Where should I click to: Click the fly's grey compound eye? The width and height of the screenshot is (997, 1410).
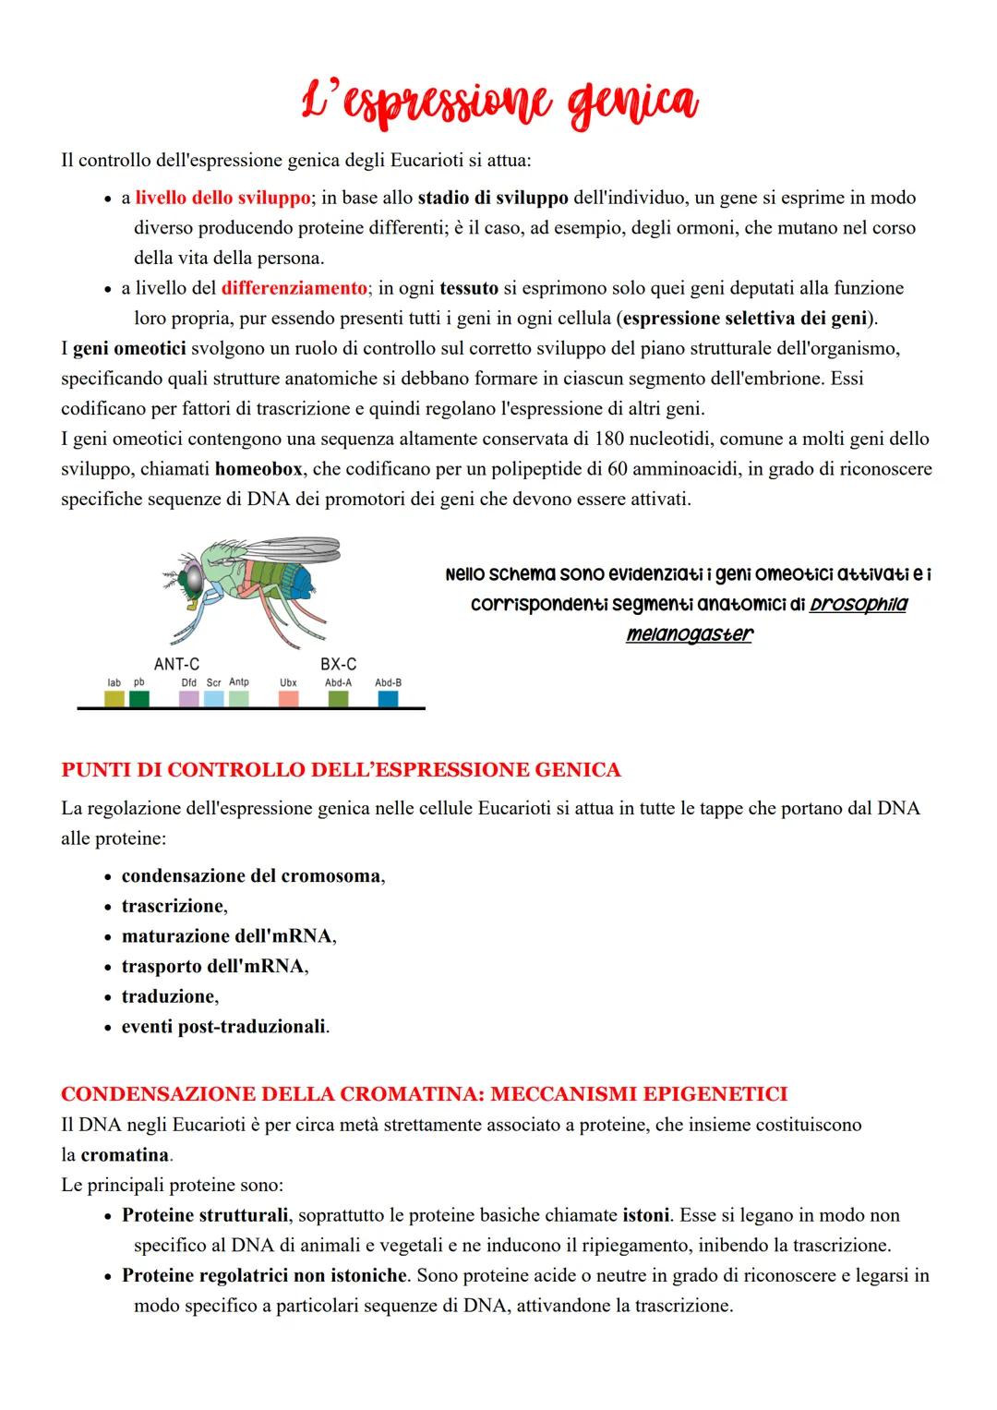click(x=193, y=579)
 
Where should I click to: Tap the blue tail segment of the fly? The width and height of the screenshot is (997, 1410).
click(x=304, y=581)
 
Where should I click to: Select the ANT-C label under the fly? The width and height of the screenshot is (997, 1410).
click(x=176, y=664)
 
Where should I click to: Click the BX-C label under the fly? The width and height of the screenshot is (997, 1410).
click(x=338, y=664)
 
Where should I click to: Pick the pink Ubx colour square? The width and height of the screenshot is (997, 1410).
click(x=288, y=699)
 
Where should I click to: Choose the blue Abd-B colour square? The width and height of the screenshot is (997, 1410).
click(x=388, y=699)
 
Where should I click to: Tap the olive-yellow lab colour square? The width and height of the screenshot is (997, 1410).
click(x=114, y=699)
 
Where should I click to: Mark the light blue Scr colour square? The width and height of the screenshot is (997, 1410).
click(x=213, y=699)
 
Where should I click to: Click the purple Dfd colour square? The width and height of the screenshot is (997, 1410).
click(x=188, y=699)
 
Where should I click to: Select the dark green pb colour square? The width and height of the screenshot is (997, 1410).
click(x=139, y=699)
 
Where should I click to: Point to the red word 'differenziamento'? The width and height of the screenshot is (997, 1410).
click(x=294, y=288)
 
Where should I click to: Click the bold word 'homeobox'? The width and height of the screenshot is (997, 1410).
click(x=258, y=469)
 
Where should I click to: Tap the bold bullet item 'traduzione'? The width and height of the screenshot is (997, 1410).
click(x=169, y=996)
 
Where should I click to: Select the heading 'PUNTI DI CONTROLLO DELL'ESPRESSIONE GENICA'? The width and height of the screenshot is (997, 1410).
click(x=341, y=769)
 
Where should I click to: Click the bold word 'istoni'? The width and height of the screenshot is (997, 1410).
click(x=645, y=1215)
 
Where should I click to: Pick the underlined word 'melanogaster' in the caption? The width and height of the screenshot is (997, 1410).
click(x=689, y=634)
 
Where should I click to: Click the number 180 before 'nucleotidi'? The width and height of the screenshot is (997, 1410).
click(x=611, y=439)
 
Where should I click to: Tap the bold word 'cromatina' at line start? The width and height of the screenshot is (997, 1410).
click(x=125, y=1155)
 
